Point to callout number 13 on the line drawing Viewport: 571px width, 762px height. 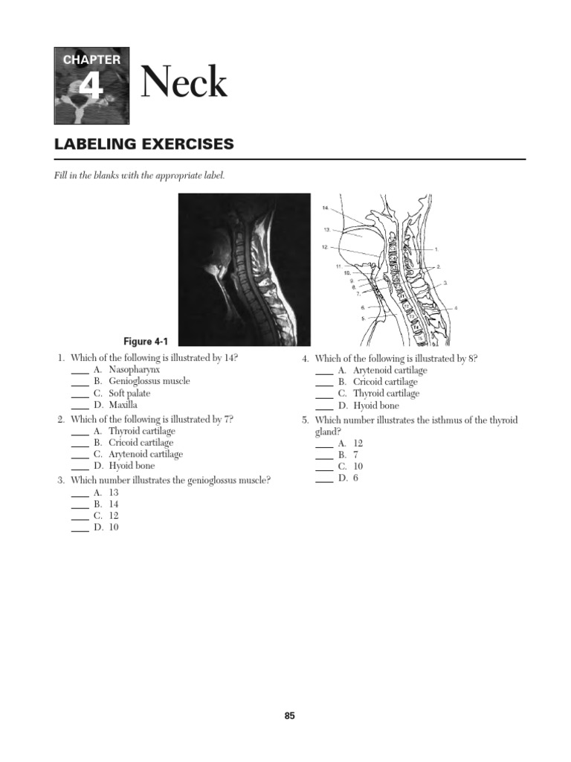(x=326, y=229)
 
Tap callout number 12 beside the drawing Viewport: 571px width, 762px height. (x=325, y=247)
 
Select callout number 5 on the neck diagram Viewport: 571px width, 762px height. (x=363, y=318)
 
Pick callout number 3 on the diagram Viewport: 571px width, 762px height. (x=445, y=284)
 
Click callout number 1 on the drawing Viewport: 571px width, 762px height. (x=436, y=249)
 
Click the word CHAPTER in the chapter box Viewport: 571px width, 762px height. (x=91, y=60)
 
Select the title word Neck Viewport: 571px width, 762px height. (x=184, y=83)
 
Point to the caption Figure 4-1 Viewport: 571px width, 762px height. (x=146, y=342)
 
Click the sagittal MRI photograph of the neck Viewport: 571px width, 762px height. (x=244, y=269)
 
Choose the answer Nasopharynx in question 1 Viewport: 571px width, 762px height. (x=134, y=369)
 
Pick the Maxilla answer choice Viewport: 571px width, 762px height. (x=123, y=405)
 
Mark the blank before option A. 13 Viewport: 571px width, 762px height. (x=80, y=493)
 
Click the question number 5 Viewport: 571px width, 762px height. (x=305, y=420)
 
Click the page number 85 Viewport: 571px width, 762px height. (x=289, y=716)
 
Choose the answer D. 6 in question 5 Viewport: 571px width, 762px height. (x=348, y=478)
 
